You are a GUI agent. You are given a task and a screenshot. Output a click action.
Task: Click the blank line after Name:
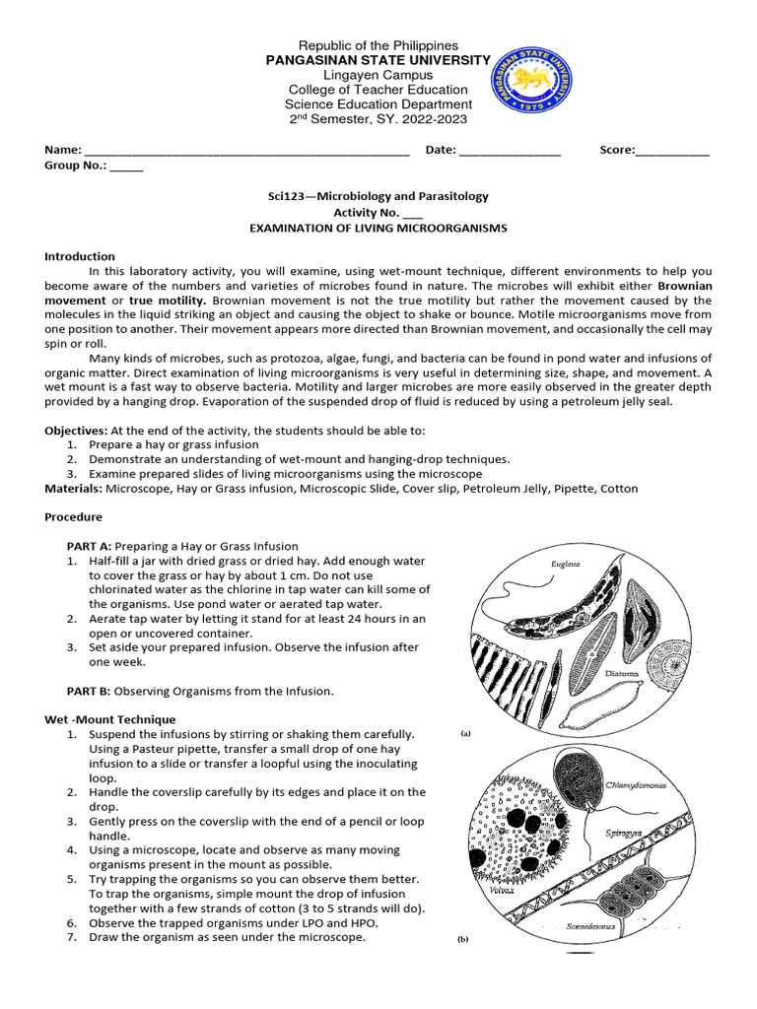(x=246, y=151)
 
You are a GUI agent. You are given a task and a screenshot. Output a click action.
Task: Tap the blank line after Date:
(x=510, y=151)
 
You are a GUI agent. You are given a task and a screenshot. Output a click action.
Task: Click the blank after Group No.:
(x=126, y=166)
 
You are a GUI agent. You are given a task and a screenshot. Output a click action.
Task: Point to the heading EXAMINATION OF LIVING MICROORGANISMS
(x=378, y=228)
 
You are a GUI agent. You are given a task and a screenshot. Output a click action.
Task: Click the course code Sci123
(x=274, y=196)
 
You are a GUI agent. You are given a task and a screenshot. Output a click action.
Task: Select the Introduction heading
(x=80, y=256)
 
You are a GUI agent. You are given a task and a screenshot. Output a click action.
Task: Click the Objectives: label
(x=77, y=431)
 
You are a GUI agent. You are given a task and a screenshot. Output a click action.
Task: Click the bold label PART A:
(x=90, y=546)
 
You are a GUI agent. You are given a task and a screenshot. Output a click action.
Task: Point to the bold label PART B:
(x=90, y=690)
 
